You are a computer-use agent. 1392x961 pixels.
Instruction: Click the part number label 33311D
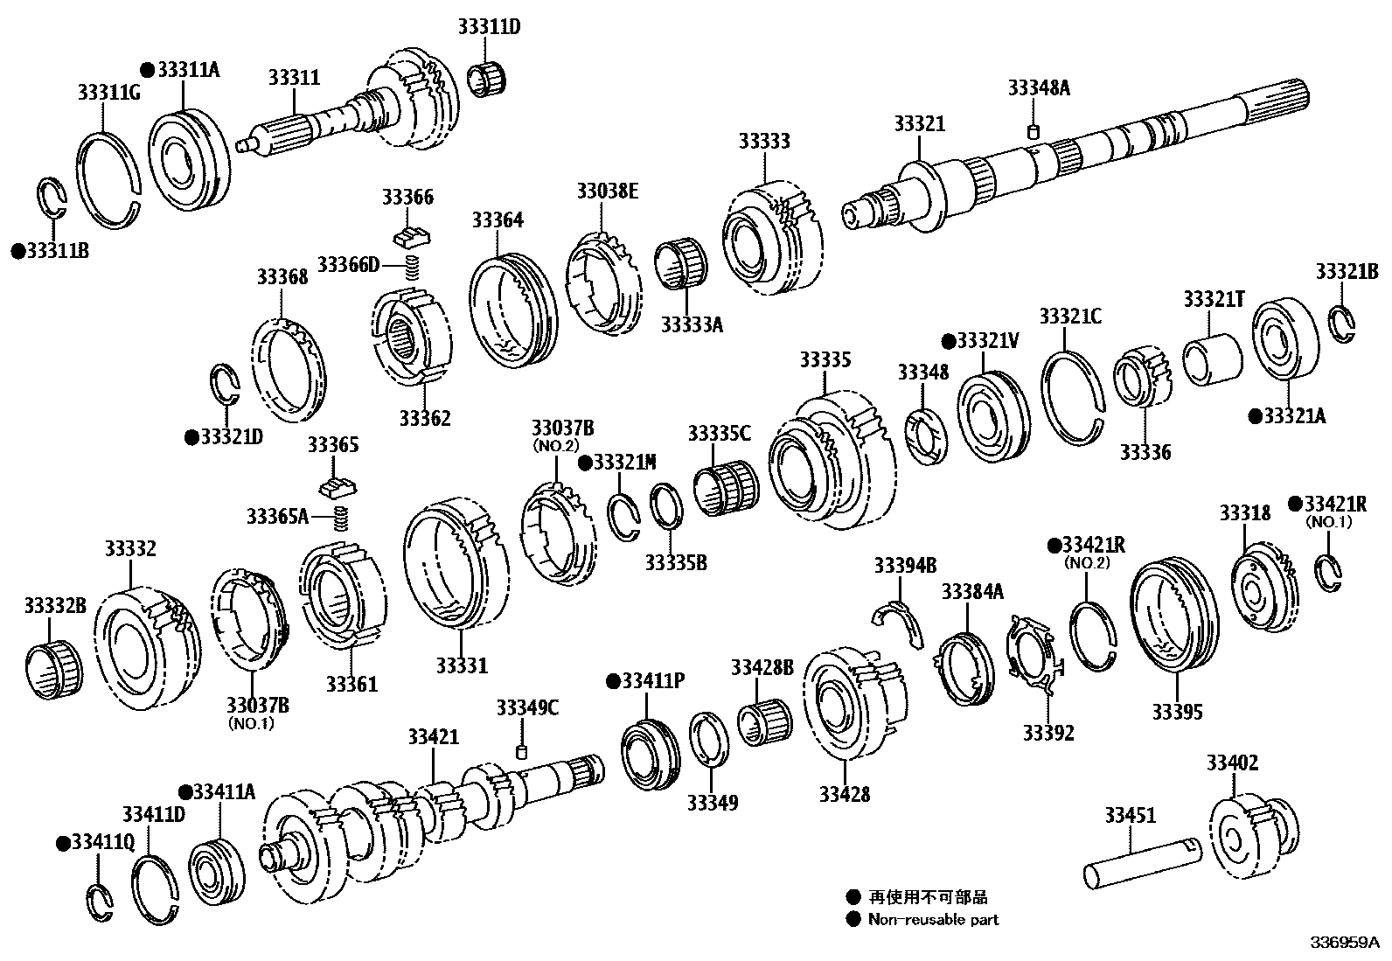coord(488,27)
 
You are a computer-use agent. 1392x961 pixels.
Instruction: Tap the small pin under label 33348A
coord(1032,132)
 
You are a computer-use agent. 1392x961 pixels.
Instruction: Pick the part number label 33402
coord(1232,763)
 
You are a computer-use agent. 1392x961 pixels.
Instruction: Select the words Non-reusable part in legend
coord(933,919)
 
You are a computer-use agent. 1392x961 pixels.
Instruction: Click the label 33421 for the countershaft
coord(432,737)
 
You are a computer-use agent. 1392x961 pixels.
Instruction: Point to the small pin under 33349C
coord(522,752)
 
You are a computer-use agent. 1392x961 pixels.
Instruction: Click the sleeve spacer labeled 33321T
coord(1213,359)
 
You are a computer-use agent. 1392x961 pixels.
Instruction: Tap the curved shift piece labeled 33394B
coord(901,623)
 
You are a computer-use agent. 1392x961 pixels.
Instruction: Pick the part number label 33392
coord(1048,732)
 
